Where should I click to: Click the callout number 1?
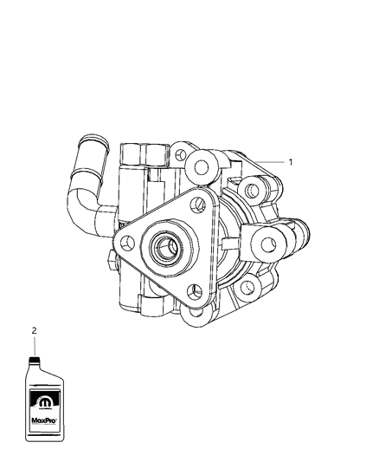291,161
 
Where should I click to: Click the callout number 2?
34,330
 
